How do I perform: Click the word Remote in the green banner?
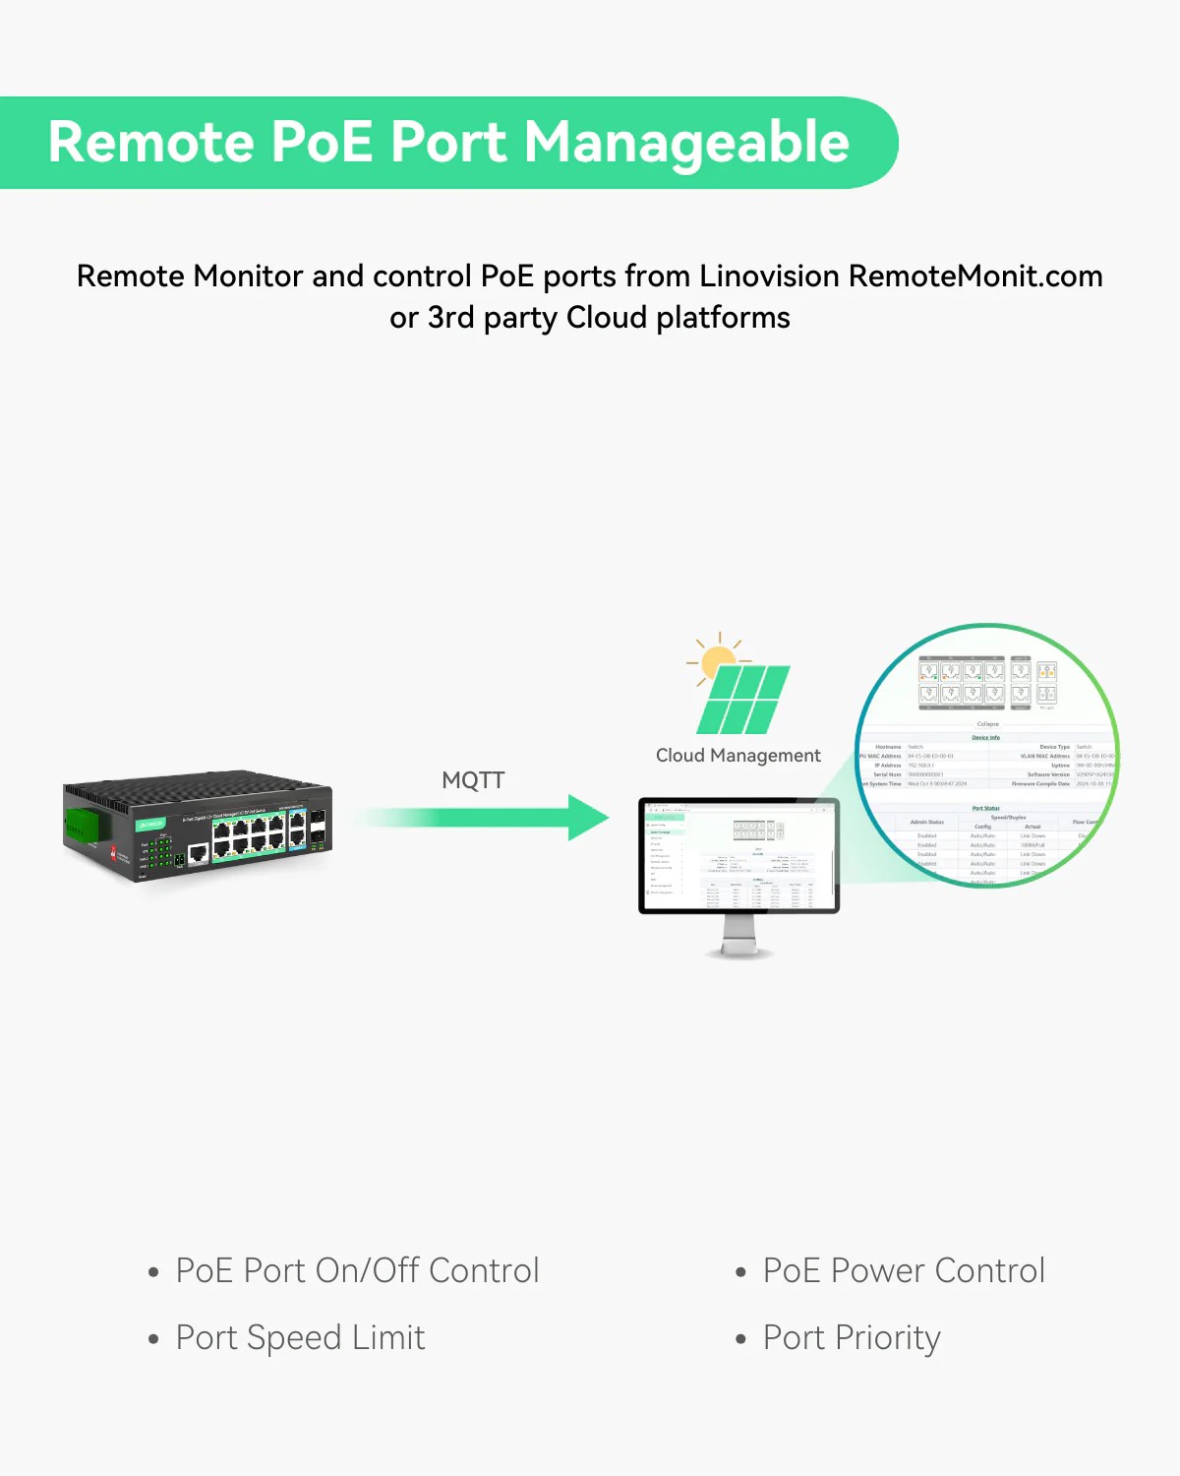(x=149, y=142)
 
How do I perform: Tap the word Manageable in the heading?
(x=686, y=144)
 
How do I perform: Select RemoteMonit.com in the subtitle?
(x=975, y=277)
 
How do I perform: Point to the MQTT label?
(x=473, y=780)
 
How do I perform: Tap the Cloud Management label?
(x=737, y=756)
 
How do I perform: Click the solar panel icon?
(x=744, y=699)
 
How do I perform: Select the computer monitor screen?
(x=738, y=854)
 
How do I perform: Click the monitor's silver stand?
(x=739, y=935)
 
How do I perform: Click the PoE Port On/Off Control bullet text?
(x=357, y=1270)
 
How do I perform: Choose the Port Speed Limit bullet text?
(x=300, y=1338)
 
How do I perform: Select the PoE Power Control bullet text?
(x=904, y=1270)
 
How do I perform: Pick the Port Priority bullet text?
(x=852, y=1338)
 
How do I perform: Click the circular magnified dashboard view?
(x=987, y=756)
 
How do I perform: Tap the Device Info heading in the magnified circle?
(x=985, y=737)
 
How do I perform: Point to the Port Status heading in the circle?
(x=985, y=808)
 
